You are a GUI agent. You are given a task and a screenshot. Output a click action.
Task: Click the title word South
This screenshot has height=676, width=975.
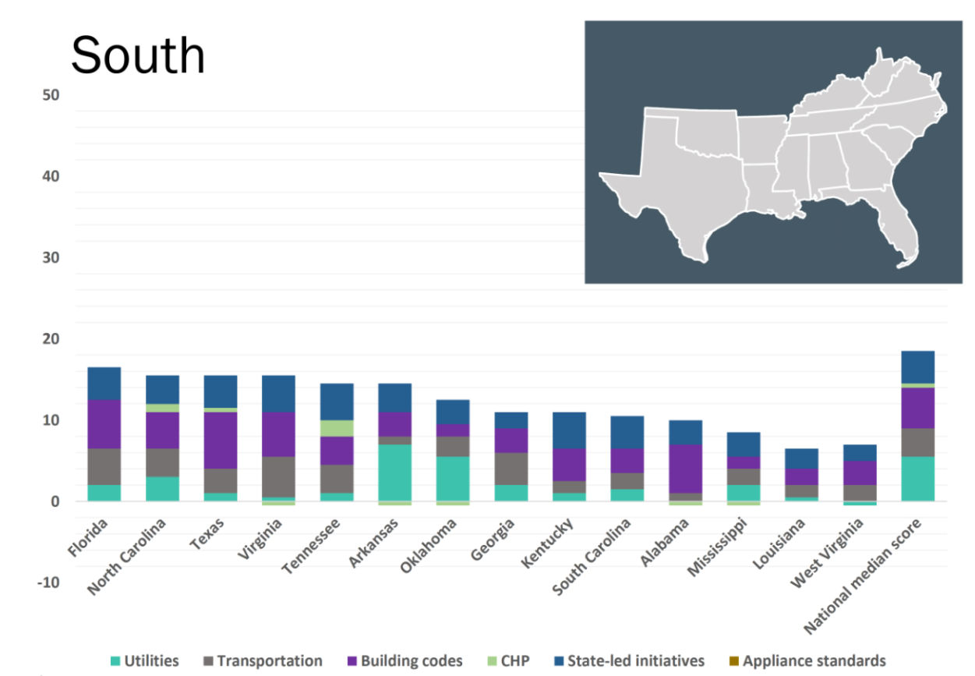[x=138, y=55]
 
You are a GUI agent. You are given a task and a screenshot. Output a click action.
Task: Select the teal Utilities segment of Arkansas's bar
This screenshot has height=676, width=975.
[x=394, y=472]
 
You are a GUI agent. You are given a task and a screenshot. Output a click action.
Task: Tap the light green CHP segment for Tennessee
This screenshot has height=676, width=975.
[x=337, y=428]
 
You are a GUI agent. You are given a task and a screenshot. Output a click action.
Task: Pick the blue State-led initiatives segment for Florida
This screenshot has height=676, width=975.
[x=104, y=384]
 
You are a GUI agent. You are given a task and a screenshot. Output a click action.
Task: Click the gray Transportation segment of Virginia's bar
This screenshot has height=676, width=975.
[x=278, y=476]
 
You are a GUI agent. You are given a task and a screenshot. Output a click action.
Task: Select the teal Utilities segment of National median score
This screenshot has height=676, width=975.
[x=917, y=478]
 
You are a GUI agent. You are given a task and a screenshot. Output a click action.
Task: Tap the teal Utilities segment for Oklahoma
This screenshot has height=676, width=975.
[x=453, y=478]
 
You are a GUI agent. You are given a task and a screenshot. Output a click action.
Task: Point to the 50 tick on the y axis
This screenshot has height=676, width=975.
[x=51, y=95]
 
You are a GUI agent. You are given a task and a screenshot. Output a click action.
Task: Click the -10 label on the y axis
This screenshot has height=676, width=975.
[x=48, y=582]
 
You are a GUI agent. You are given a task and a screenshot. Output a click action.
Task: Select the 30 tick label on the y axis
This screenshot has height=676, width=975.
[x=51, y=257]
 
